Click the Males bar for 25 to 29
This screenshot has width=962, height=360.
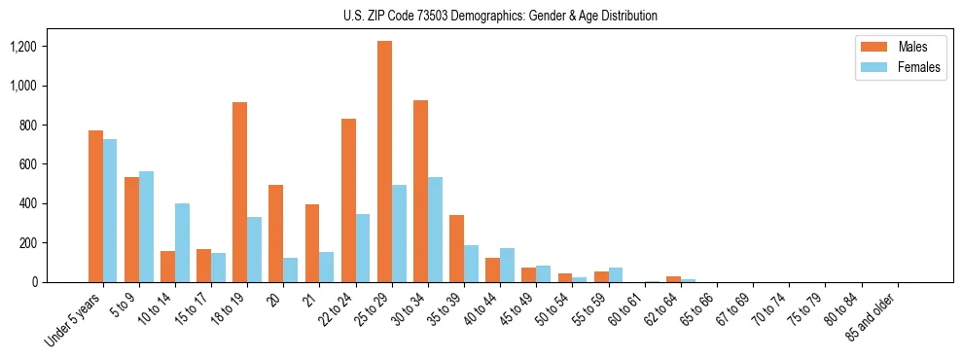click(384, 162)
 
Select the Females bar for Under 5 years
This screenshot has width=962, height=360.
click(110, 210)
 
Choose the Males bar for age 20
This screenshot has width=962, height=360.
click(275, 234)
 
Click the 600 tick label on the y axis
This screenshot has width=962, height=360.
click(26, 164)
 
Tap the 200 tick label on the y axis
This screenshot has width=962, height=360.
click(26, 243)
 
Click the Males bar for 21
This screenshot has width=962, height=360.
click(312, 243)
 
